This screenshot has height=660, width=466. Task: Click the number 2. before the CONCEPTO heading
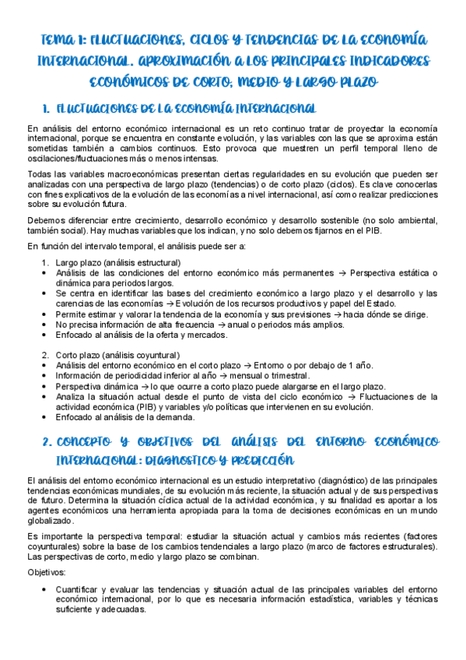click(44, 441)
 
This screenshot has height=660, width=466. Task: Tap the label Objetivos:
click(47, 572)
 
